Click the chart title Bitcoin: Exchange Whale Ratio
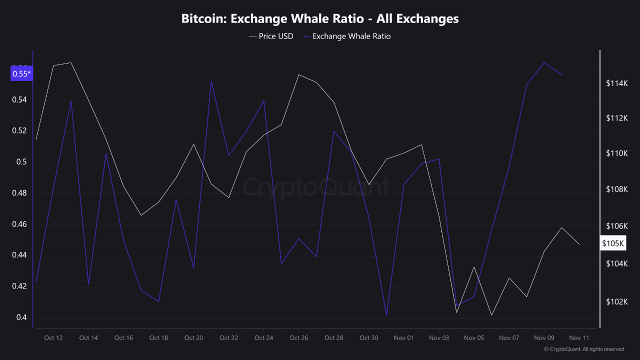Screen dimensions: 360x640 coord(320,19)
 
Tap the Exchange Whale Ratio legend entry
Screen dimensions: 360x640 coord(351,36)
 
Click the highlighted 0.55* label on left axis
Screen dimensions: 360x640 coord(21,74)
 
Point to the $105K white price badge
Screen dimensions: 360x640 coord(613,243)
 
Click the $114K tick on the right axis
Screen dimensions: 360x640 coord(617,83)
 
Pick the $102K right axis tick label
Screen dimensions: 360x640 coord(617,301)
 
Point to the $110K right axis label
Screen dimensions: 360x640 coord(617,153)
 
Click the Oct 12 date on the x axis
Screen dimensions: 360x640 coord(53,338)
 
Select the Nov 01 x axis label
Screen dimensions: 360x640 coord(403,338)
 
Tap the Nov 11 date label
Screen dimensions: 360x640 coord(578,338)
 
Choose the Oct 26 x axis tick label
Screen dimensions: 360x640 coord(298,338)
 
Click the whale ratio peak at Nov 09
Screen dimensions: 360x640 coord(544,63)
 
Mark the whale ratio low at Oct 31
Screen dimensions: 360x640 coord(386,315)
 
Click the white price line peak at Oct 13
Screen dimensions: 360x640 coord(70,63)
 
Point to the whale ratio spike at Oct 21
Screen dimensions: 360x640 coord(211,81)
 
